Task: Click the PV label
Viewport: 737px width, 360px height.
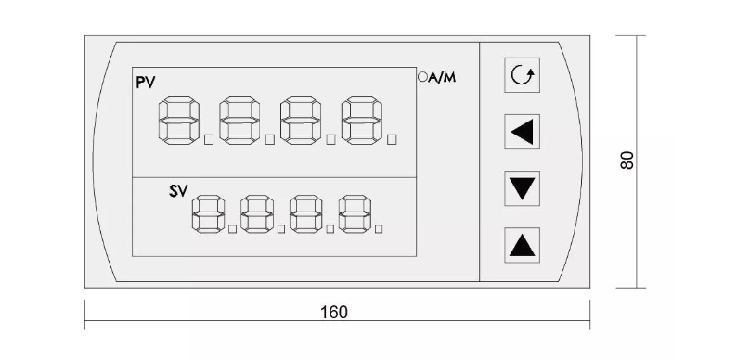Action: tap(145, 82)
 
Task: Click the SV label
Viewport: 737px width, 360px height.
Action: tap(178, 191)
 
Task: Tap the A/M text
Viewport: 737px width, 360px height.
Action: tap(442, 77)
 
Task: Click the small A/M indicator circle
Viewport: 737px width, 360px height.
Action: tap(422, 77)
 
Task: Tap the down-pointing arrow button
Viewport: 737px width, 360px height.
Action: tap(524, 188)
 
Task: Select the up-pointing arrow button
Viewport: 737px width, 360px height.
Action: tap(524, 246)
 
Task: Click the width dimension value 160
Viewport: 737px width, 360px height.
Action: tap(333, 313)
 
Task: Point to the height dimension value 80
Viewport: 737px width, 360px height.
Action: tap(627, 161)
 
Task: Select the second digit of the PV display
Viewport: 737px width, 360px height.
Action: tap(239, 122)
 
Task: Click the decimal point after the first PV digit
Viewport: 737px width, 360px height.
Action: tap(209, 140)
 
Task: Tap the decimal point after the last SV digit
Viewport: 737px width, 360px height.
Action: tap(378, 228)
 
